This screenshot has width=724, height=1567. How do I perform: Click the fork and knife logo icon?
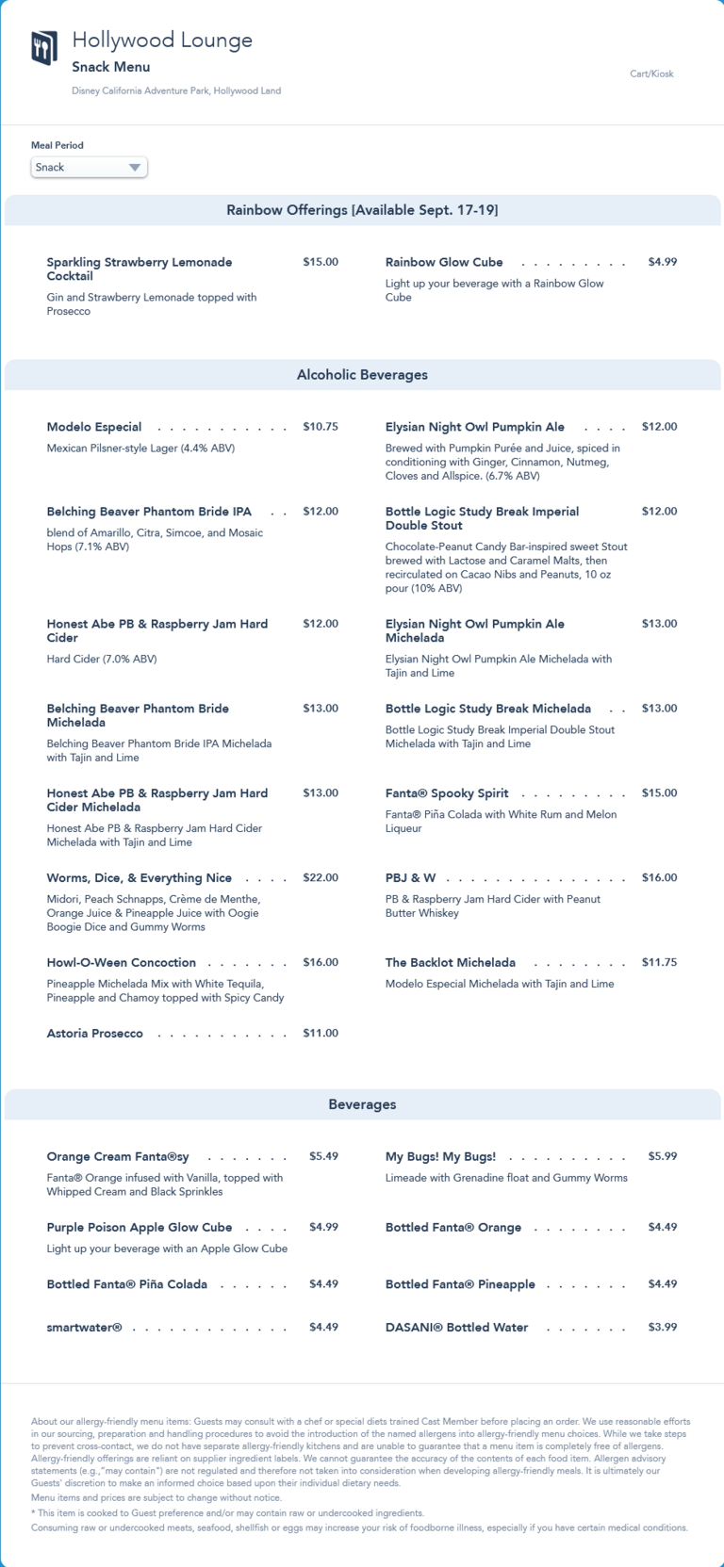pos(44,48)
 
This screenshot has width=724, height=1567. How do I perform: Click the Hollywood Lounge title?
pos(162,40)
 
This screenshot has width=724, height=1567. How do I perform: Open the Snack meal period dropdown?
pos(89,168)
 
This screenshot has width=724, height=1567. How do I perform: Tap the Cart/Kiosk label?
pos(651,73)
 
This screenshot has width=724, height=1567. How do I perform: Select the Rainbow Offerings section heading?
pos(362,210)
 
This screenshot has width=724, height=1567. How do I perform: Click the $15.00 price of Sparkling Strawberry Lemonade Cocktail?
pos(321,262)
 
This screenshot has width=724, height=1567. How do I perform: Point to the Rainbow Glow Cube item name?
pos(444,262)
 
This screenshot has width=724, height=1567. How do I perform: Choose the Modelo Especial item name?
pos(94,427)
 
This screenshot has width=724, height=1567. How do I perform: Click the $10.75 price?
pos(321,427)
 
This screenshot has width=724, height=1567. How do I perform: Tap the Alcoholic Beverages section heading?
pos(362,375)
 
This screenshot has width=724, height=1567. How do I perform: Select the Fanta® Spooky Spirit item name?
pos(447,793)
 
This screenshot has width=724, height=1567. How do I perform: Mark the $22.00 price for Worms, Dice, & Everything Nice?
pos(321,878)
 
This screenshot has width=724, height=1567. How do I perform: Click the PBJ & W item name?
pos(410,878)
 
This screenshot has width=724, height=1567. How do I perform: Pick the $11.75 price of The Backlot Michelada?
pos(659,963)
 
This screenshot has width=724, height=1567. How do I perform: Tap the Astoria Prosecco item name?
pos(95,1034)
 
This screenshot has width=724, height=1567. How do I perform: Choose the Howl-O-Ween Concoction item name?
pos(122,963)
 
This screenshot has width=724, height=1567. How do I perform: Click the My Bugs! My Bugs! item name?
pos(440,1156)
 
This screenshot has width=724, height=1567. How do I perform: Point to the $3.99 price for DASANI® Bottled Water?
pos(662,1327)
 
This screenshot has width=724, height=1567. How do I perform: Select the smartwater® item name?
pos(85,1327)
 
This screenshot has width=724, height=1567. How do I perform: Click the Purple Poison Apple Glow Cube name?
pos(140,1228)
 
